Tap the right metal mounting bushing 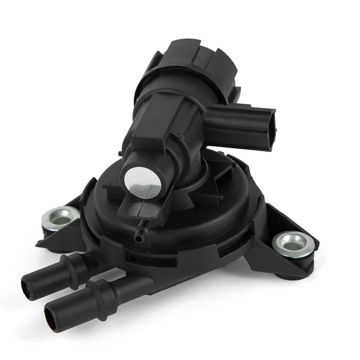pos(293,243)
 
